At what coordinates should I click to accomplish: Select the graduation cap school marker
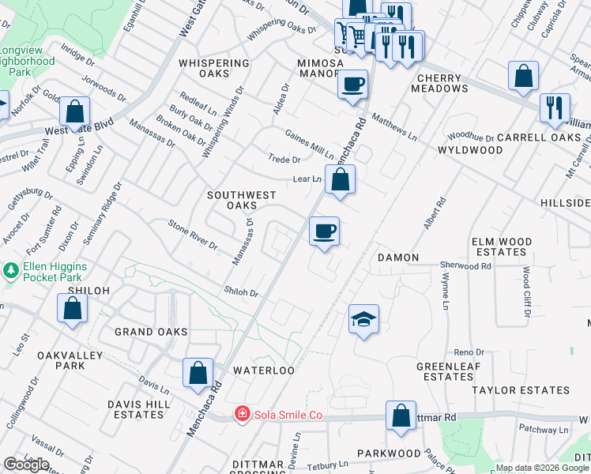tap(363, 320)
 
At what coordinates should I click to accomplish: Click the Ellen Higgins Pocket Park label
tap(55, 271)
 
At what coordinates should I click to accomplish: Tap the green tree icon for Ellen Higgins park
tap(10, 271)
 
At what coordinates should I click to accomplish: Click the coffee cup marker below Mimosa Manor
tap(352, 83)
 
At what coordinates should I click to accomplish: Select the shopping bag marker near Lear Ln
tap(340, 180)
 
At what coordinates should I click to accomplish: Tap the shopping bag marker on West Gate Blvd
tap(74, 113)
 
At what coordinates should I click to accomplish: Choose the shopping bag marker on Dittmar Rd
tap(401, 416)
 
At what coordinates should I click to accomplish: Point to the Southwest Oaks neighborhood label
tap(241, 201)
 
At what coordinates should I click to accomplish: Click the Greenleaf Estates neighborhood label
tap(445, 371)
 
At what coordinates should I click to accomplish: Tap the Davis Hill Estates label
tap(138, 408)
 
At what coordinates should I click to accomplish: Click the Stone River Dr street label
tap(193, 235)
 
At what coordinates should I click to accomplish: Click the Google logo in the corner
tap(26, 465)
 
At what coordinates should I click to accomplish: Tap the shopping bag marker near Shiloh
tap(72, 310)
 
